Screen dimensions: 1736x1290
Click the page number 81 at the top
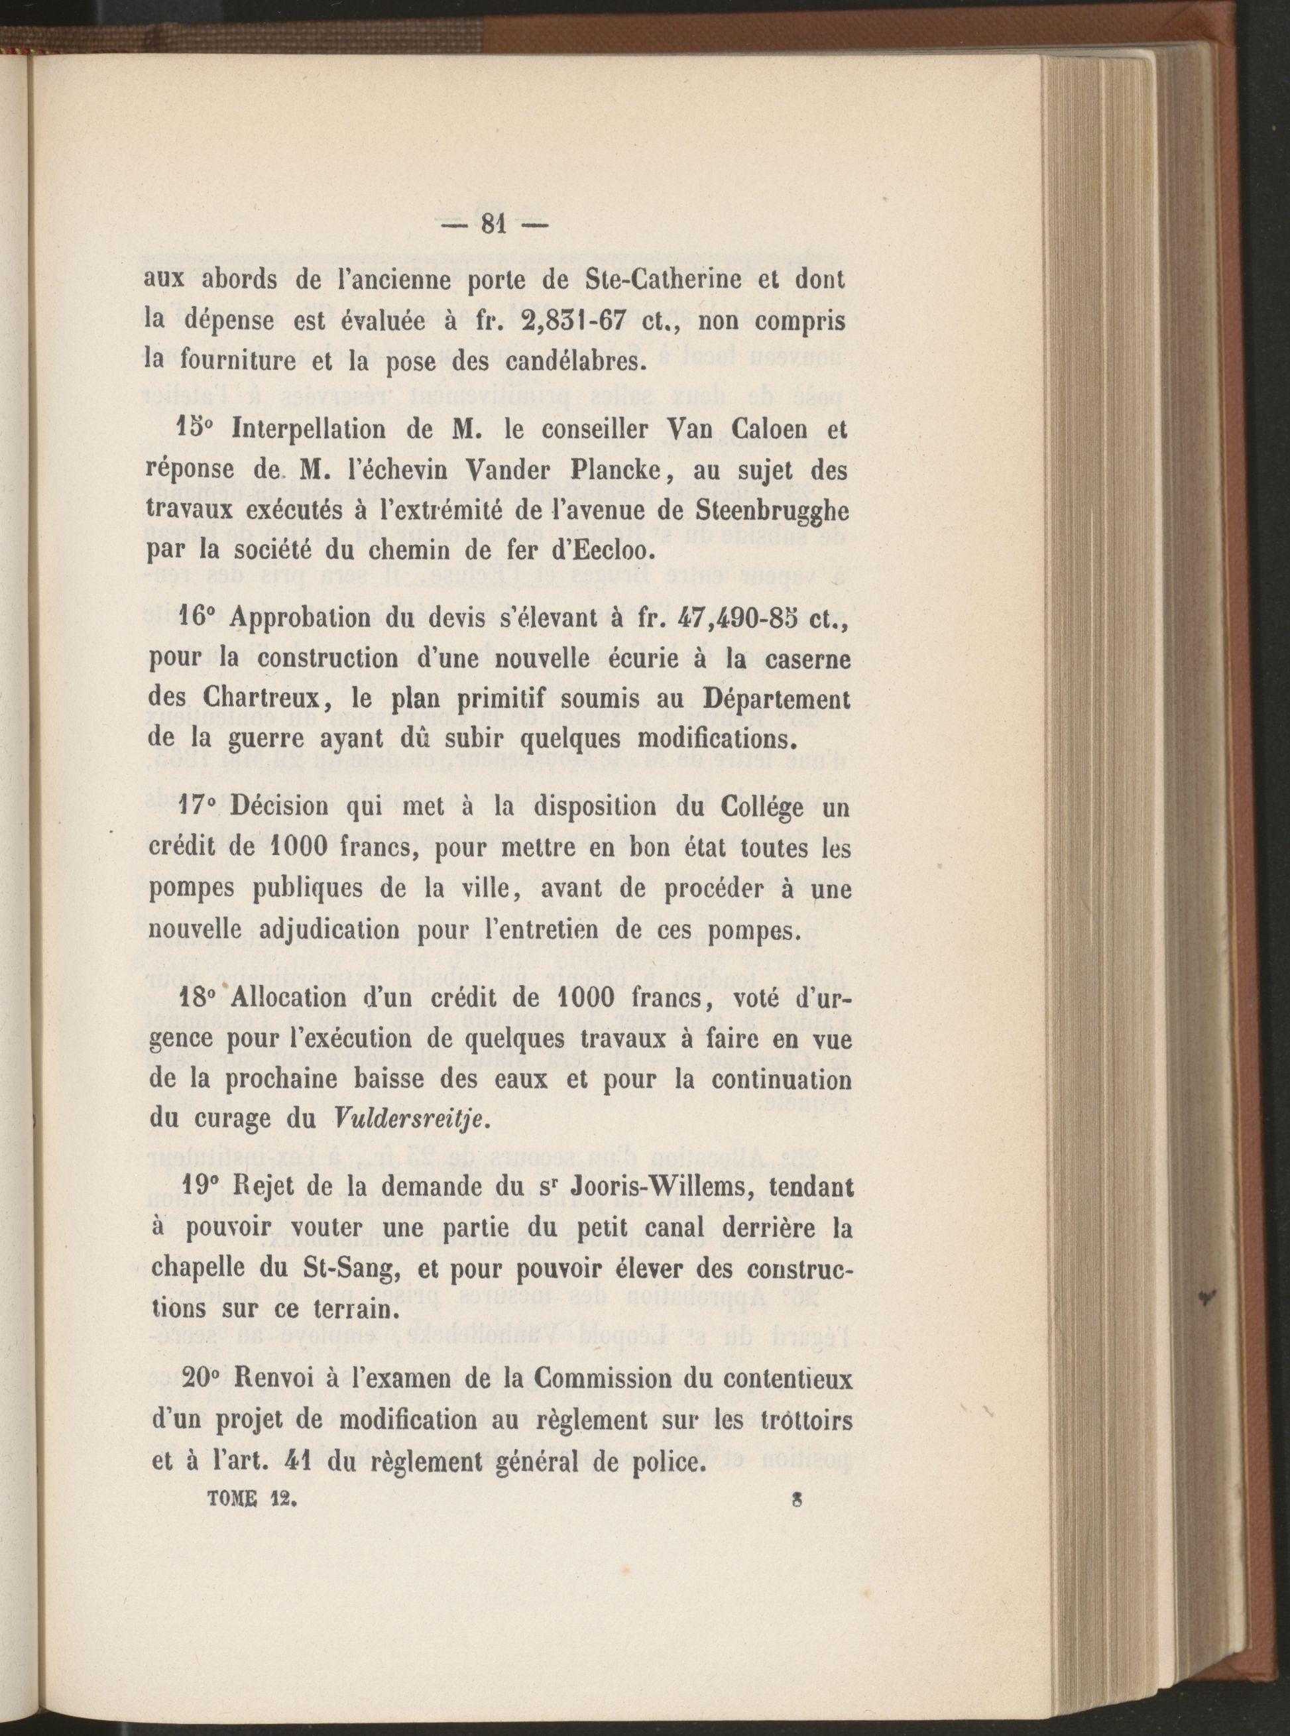[493, 225]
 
